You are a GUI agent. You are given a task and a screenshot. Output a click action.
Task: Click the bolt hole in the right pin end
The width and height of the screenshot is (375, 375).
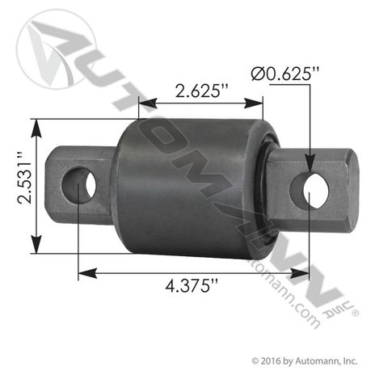point(316,191)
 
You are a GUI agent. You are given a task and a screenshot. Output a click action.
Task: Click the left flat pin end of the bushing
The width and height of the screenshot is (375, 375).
point(81,184)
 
